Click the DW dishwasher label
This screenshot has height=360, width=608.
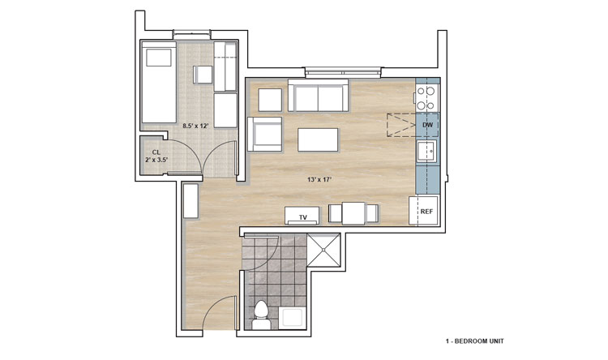427,125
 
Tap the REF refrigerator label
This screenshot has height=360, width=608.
426,212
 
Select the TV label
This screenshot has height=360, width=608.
303,217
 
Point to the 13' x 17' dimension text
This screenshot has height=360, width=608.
320,180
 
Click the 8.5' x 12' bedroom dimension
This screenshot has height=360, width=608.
196,126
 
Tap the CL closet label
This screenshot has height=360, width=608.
156,152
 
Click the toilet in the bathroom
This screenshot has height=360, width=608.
261,315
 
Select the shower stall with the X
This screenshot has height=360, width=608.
323,250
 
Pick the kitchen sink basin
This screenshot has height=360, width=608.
426,151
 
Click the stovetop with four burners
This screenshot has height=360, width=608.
426,98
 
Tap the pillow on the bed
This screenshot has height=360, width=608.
159,58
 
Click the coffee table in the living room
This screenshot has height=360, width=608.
318,140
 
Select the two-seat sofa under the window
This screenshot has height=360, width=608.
318,96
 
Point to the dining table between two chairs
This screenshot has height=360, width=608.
353,213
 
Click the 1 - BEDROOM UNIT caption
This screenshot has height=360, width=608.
474,341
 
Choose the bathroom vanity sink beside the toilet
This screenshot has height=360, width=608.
293,318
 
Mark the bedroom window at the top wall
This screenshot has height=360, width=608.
191,35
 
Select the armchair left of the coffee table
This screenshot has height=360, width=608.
265,135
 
